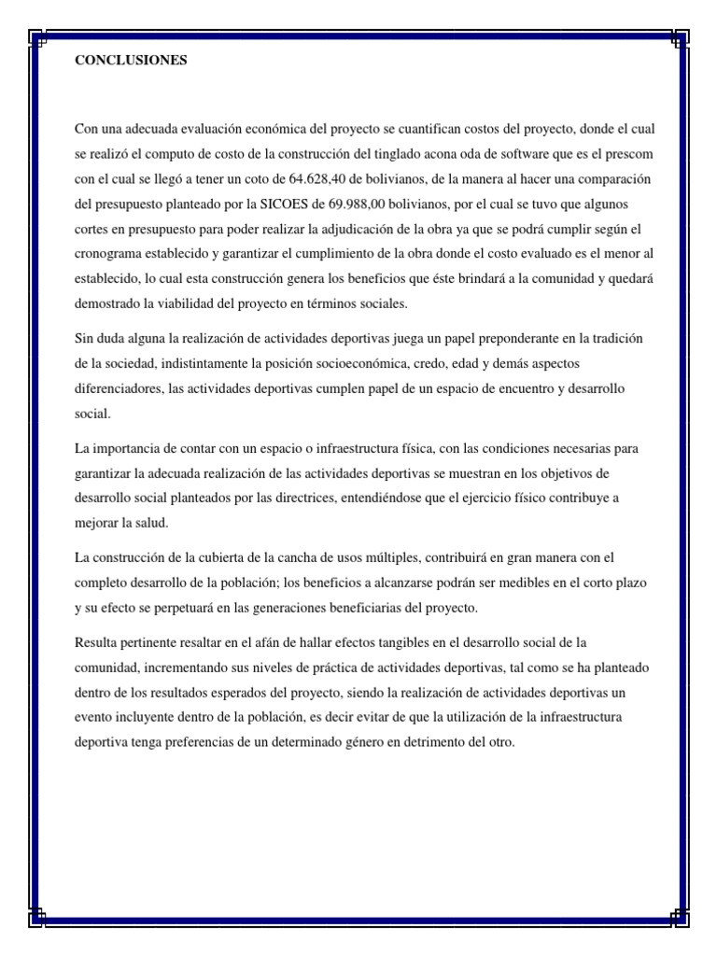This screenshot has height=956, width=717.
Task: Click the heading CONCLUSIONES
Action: tap(131, 61)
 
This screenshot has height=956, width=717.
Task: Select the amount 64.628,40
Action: tap(321, 177)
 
